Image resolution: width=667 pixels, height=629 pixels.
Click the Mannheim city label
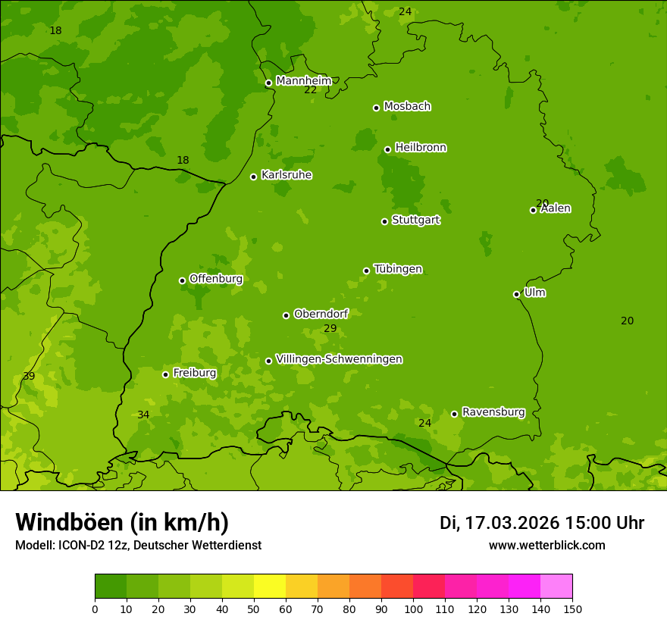[303, 80]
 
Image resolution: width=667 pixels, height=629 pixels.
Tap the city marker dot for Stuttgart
[384, 221]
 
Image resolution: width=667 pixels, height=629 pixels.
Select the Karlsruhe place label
[286, 175]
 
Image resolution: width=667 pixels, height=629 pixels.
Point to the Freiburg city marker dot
[165, 374]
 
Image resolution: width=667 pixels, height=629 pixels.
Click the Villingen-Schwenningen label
[339, 359]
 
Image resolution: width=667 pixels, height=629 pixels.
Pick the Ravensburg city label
[493, 412]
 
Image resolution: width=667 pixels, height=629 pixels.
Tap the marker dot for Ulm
[516, 294]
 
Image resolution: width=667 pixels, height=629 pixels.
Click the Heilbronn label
[420, 148]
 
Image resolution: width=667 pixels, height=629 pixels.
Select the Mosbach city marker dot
[376, 108]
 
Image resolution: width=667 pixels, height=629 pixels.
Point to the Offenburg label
[215, 279]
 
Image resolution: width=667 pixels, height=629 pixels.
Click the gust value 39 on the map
[29, 376]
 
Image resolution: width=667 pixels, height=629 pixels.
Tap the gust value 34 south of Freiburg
[143, 415]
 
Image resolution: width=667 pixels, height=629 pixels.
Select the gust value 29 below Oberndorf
[330, 328]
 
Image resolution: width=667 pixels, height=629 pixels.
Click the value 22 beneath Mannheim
[310, 90]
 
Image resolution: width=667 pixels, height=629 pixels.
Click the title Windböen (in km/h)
[122, 522]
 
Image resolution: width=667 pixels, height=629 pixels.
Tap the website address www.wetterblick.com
[546, 545]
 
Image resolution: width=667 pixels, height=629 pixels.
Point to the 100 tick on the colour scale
[413, 609]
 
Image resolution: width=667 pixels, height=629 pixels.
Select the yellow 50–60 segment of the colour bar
[270, 586]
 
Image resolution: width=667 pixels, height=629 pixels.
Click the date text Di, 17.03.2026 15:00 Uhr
[541, 523]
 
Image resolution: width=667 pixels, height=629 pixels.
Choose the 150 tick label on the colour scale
[572, 609]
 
